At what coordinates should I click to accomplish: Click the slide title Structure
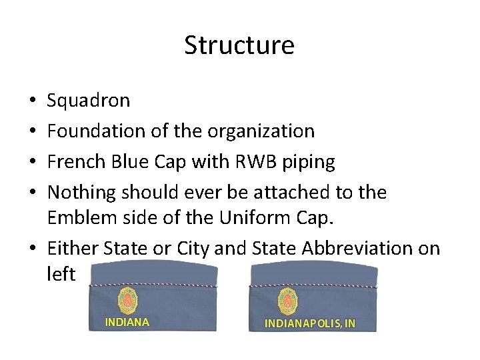click(239, 45)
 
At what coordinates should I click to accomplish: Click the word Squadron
click(89, 101)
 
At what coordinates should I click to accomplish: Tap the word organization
click(261, 131)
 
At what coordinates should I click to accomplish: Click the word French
click(76, 162)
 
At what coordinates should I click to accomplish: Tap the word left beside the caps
click(62, 273)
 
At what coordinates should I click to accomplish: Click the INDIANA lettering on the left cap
click(127, 322)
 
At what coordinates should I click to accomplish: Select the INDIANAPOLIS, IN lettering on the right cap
click(310, 323)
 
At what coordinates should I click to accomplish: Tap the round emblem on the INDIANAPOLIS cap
click(288, 301)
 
